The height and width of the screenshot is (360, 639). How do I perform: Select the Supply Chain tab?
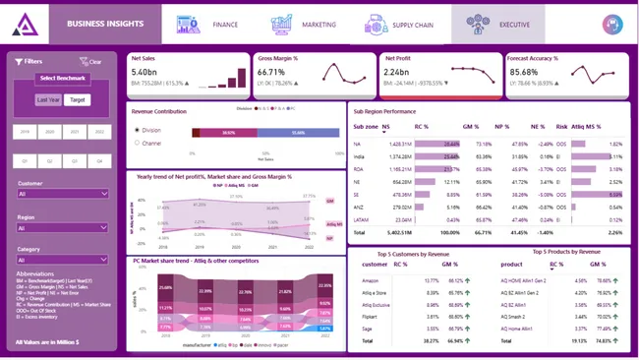pos(399,24)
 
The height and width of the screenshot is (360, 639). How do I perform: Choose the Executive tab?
pos(497,24)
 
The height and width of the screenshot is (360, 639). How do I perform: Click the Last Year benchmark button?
pos(47,99)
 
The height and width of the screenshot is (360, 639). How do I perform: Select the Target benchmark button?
pos(78,99)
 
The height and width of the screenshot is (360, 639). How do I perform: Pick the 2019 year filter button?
pos(24,131)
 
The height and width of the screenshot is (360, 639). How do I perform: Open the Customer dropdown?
pos(63,194)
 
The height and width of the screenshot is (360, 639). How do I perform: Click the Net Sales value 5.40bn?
pos(145,73)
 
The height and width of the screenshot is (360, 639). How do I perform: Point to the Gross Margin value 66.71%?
pos(271,73)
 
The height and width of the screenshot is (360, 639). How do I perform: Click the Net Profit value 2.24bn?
pos(397,73)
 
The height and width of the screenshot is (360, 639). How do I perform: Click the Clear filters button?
pos(90,61)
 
